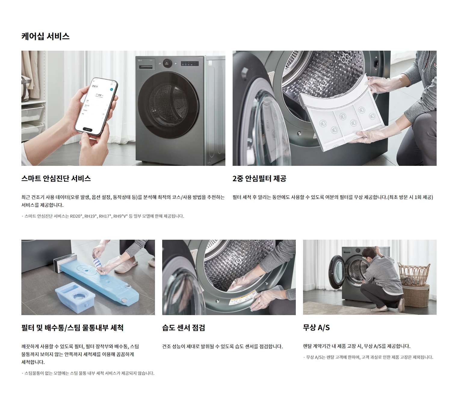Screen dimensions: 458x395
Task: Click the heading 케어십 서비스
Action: tap(45, 36)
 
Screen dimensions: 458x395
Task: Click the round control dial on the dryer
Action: tap(167, 63)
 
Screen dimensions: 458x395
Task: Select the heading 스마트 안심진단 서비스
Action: tap(56, 178)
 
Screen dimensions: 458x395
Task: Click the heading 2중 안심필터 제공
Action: tap(259, 178)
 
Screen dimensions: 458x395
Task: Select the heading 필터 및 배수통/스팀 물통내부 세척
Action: tap(73, 327)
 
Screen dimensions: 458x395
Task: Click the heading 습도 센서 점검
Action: tap(184, 327)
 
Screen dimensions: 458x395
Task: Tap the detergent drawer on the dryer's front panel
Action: tap(146, 67)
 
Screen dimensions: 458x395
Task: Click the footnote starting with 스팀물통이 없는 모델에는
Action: tap(88, 373)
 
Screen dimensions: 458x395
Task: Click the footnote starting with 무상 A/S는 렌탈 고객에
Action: tap(368, 357)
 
